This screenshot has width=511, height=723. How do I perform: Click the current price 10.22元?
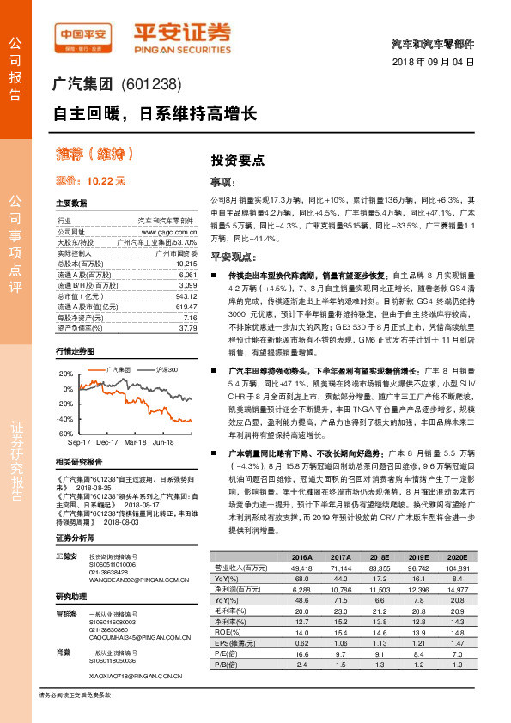coord(90,180)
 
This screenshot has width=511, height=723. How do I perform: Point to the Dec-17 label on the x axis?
coord(107,441)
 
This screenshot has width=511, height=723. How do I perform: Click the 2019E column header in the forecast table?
coord(417,557)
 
